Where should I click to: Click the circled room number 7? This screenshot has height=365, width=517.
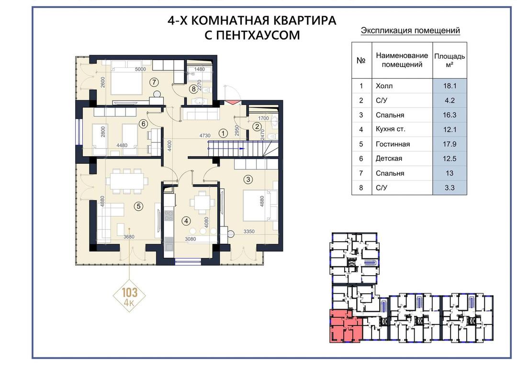point(154,82)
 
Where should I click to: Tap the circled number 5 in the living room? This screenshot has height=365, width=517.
point(138,206)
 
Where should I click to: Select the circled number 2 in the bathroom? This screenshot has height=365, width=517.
point(257,127)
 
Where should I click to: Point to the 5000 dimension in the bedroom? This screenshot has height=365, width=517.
point(140,69)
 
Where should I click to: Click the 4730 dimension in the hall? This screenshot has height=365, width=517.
point(205,135)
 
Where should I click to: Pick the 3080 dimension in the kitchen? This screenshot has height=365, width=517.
point(190,239)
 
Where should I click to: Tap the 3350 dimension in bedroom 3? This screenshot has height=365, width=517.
point(249,231)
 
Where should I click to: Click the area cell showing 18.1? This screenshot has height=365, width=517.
point(450,86)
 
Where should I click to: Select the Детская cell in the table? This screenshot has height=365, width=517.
point(402,159)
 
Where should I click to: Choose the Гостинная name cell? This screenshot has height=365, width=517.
point(402,144)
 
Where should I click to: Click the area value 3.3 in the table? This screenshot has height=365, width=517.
point(450,188)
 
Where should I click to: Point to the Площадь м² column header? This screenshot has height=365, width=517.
point(450,60)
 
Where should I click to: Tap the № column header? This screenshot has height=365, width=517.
point(361,60)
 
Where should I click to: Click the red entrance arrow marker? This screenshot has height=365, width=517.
point(233,102)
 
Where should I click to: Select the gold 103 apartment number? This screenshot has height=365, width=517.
point(130,292)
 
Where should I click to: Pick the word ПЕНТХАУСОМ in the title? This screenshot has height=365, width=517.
point(252,35)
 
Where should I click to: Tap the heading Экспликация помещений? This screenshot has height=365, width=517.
point(411,31)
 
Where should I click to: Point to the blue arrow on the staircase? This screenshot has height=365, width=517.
point(242,149)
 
